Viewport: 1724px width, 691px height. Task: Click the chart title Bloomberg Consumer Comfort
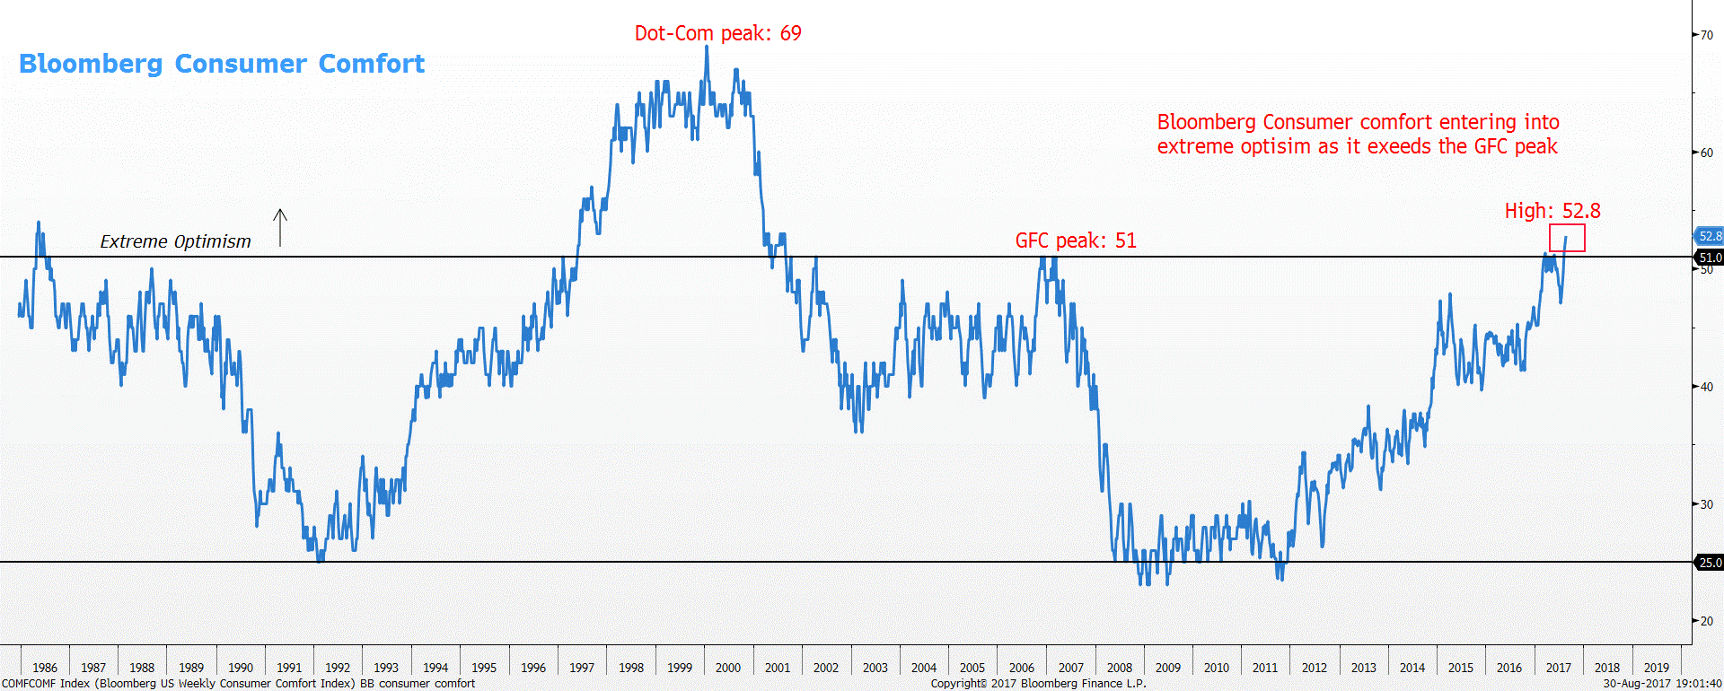tap(222, 64)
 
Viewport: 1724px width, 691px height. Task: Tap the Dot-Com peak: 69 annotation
tap(717, 33)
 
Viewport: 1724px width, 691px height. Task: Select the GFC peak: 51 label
tap(1075, 241)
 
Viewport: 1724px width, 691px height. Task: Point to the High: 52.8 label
tap(1552, 211)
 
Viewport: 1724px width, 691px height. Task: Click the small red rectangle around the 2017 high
tap(1567, 238)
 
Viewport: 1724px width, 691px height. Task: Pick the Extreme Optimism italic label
tap(175, 241)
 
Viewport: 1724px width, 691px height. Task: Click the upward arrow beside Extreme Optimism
tap(280, 227)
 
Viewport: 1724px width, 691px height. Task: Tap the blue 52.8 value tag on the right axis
tap(1710, 236)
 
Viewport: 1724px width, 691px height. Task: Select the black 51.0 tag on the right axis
tap(1710, 258)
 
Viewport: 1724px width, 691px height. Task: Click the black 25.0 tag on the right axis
tap(1710, 563)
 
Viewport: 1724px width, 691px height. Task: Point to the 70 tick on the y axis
tap(1706, 35)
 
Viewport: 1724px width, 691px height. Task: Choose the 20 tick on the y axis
tap(1706, 621)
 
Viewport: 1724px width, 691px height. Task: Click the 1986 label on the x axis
tap(45, 668)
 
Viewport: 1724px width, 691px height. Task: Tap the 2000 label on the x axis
tap(728, 668)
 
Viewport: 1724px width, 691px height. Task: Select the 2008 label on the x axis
tap(1120, 668)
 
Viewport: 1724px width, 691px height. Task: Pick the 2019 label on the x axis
tap(1656, 668)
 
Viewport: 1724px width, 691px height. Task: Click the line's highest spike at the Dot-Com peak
tap(707, 48)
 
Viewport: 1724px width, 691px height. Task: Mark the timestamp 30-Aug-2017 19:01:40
tap(1662, 684)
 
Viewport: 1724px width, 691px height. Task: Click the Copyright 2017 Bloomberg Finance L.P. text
tap(1038, 684)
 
